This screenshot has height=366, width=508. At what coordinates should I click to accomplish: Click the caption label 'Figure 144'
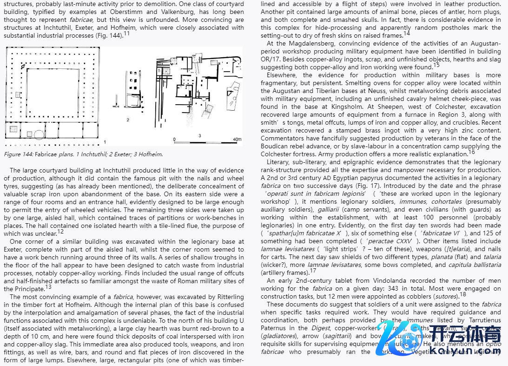click(x=18, y=154)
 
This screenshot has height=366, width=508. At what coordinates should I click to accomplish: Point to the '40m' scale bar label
click(x=237, y=140)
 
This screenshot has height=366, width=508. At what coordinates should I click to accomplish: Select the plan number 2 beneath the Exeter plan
click(x=128, y=120)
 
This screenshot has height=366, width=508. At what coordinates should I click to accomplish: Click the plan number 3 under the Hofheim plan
click(x=199, y=135)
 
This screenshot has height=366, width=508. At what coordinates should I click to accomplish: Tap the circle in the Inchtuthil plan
click(x=39, y=134)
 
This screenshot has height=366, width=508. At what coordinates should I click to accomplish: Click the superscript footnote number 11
click(x=127, y=33)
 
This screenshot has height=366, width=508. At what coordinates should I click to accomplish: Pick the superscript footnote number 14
click(x=407, y=33)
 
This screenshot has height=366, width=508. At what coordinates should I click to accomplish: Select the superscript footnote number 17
click(x=313, y=270)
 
